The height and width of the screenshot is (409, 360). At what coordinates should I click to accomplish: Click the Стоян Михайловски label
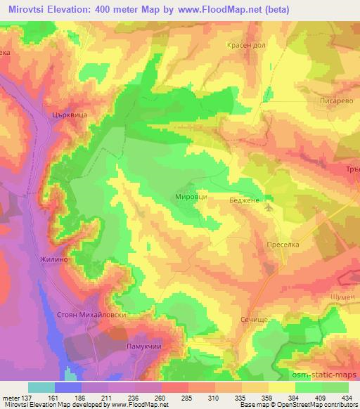tap(91, 316)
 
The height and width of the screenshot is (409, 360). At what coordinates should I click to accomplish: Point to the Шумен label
tap(343, 297)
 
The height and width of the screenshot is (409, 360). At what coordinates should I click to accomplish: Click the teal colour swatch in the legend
tap(41, 387)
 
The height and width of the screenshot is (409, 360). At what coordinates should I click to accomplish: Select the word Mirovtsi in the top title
tap(27, 10)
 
